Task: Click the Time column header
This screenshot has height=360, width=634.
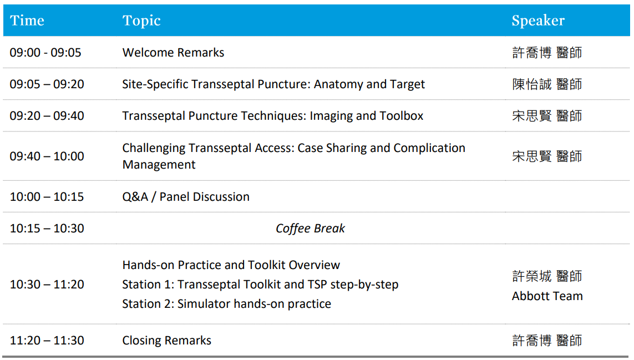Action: coord(27,20)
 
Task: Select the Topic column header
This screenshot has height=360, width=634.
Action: coord(141,21)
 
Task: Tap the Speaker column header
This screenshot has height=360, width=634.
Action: coord(538,21)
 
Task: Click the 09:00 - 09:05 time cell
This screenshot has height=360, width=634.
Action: coord(45,53)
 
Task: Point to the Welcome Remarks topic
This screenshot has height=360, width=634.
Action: coord(173,53)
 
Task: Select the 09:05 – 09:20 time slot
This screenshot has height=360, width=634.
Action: coord(47,84)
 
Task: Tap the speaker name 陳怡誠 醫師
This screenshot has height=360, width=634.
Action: coord(547,84)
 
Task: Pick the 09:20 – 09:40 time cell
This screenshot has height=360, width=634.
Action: coord(47,116)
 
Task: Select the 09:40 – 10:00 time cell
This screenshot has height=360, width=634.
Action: coord(47,156)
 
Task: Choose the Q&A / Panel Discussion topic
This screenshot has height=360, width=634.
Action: coord(186,196)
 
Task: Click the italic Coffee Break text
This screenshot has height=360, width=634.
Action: coord(310,228)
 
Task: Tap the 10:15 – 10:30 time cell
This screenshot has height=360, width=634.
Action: coord(47,228)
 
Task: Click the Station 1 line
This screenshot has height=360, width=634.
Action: coord(260,285)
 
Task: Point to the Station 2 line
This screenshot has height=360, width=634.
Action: coord(227,304)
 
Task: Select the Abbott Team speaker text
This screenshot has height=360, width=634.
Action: coord(547,296)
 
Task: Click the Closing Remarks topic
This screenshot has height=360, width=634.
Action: coord(166,341)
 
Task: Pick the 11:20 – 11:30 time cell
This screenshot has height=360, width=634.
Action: coord(47,341)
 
